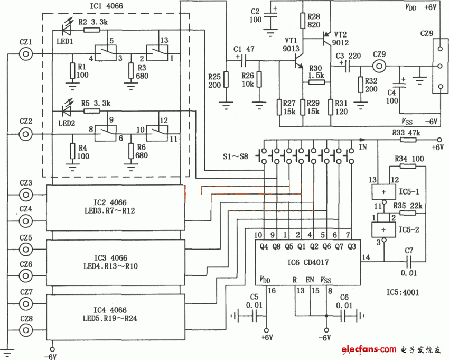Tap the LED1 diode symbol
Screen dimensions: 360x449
pos(68,25)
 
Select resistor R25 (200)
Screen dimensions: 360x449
pos(226,79)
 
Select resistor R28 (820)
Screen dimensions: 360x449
pos(303,21)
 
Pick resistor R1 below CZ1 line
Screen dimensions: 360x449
pos(71,70)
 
